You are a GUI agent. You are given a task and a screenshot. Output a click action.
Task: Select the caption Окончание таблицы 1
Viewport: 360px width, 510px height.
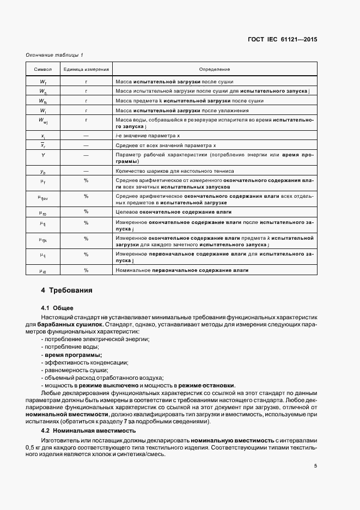(54, 56)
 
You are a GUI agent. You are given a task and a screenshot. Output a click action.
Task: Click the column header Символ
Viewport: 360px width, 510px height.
(43, 69)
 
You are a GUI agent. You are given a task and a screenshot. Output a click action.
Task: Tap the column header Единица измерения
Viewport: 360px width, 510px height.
(86, 69)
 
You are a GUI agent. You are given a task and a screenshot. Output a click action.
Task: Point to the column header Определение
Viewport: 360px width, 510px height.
(215, 69)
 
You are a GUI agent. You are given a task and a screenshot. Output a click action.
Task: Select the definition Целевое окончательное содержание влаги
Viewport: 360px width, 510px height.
(174, 211)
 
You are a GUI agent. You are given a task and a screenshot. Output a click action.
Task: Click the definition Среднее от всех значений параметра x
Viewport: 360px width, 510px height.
(167, 145)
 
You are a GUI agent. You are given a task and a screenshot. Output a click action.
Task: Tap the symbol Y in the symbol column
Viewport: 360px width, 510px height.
(43, 155)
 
